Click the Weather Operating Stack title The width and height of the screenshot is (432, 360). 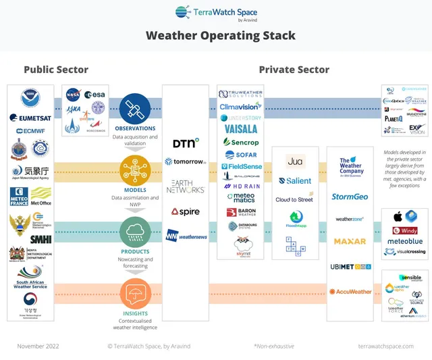click(x=221, y=36)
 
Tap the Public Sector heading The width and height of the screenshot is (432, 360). click(x=56, y=70)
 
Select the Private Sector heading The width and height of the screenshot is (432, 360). click(x=294, y=70)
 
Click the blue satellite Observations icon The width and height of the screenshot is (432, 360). click(x=134, y=108)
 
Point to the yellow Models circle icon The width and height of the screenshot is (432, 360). click(x=134, y=170)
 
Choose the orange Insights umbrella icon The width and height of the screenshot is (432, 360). click(x=134, y=292)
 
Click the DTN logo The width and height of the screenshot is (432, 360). click(x=186, y=143)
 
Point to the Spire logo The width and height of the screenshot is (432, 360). click(x=185, y=211)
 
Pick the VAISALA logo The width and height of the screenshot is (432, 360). click(x=241, y=130)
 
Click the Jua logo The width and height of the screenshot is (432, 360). click(x=294, y=161)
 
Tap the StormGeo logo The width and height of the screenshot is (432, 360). click(x=350, y=197)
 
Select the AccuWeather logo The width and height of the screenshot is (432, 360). click(x=350, y=291)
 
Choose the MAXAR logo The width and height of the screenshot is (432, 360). click(x=350, y=241)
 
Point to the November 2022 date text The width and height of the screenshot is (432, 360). click(x=38, y=346)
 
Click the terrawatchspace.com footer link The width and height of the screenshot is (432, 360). click(x=385, y=346)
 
